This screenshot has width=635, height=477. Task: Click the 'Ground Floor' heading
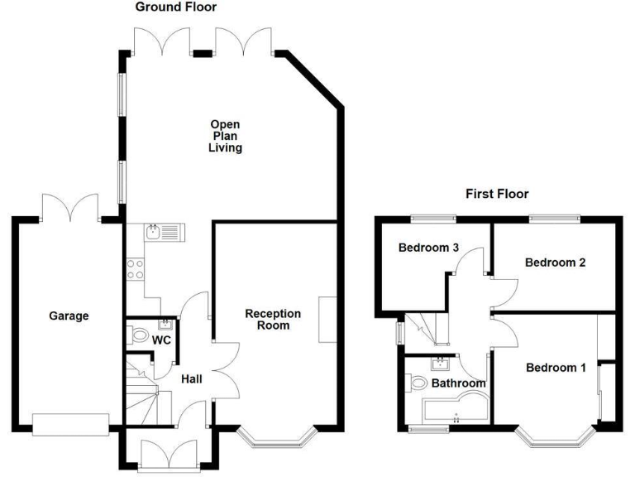click(175, 7)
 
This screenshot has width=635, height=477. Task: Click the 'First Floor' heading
click(497, 194)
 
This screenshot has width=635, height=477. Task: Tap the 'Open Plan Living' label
click(225, 136)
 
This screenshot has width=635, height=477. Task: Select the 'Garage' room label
click(68, 316)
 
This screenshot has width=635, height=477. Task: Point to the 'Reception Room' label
click(273, 320)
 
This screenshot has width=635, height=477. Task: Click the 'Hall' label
click(193, 378)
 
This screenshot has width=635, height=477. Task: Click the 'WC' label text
click(162, 340)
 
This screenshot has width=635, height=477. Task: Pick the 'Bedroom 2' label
click(556, 263)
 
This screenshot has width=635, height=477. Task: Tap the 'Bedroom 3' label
click(428, 247)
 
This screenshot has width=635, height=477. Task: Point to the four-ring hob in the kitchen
click(135, 268)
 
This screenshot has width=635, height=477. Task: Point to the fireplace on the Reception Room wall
click(328, 318)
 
